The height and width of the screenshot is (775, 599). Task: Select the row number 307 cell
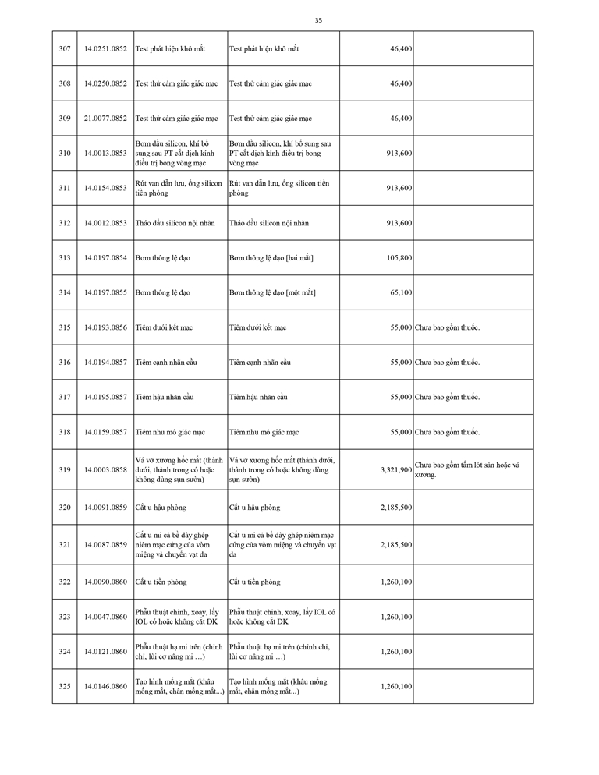pyautogui.click(x=65, y=49)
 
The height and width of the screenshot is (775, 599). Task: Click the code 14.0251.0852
pyautogui.click(x=105, y=49)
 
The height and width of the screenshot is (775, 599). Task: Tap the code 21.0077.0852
pyautogui.click(x=105, y=119)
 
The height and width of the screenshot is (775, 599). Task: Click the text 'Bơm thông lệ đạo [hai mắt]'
pyautogui.click(x=271, y=258)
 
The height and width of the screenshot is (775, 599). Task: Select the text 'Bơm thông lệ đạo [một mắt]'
pyautogui.click(x=272, y=292)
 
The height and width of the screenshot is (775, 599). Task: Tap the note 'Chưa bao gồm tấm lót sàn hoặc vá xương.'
pyautogui.click(x=467, y=469)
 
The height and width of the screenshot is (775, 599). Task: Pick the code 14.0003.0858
pyautogui.click(x=105, y=470)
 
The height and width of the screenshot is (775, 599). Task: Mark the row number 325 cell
pyautogui.click(x=65, y=686)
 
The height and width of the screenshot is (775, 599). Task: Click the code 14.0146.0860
pyautogui.click(x=105, y=686)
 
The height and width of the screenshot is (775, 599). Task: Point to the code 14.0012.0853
pyautogui.click(x=105, y=223)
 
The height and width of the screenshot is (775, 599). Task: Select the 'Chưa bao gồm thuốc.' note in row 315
pyautogui.click(x=448, y=327)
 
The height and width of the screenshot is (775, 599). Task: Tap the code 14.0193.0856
pyautogui.click(x=105, y=327)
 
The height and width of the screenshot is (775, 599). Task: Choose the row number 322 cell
pyautogui.click(x=65, y=582)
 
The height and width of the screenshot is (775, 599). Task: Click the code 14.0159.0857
pyautogui.click(x=105, y=432)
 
